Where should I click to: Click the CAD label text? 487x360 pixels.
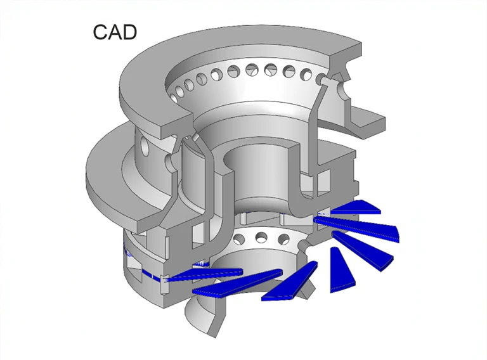click(x=115, y=32)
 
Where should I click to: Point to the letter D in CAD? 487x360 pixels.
click(x=129, y=32)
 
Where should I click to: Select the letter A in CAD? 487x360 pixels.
click(x=115, y=32)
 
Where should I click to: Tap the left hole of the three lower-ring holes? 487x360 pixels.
click(x=240, y=238)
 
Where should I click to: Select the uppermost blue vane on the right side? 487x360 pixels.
click(x=355, y=207)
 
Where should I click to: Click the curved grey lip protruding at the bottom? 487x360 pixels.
click(x=203, y=317)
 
